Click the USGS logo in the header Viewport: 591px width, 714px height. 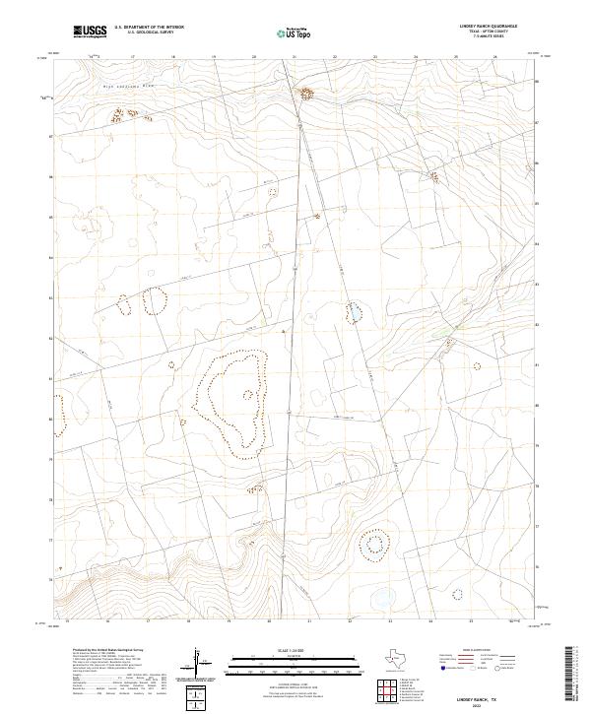(89, 32)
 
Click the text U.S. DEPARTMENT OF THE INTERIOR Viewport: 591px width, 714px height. (149, 29)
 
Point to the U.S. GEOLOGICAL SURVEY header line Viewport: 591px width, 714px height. (144, 33)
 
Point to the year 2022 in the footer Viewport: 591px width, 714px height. (489, 701)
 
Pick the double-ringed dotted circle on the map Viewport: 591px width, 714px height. (373, 544)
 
